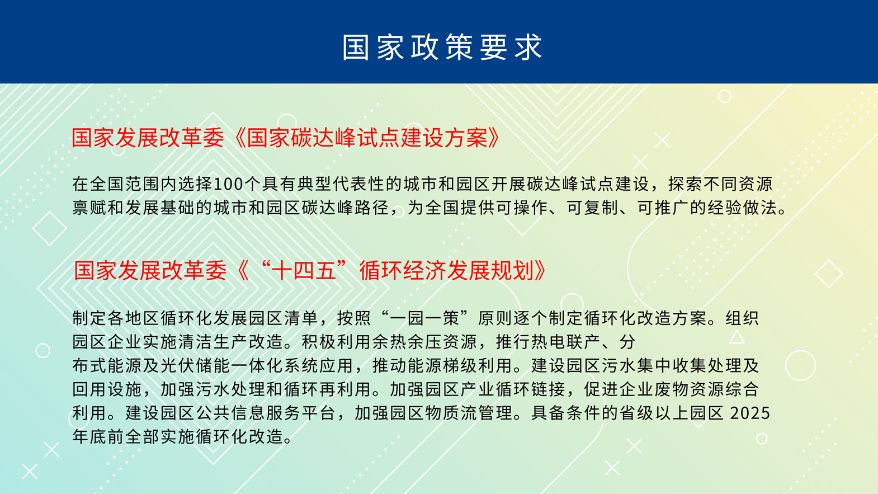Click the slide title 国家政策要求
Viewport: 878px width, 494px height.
point(442,47)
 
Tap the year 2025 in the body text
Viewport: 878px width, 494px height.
point(750,413)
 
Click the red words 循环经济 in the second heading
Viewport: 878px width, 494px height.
point(403,271)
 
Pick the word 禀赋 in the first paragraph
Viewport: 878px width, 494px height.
point(89,208)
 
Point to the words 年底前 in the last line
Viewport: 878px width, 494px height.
point(98,436)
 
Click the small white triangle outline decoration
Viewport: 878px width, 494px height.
point(737,337)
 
